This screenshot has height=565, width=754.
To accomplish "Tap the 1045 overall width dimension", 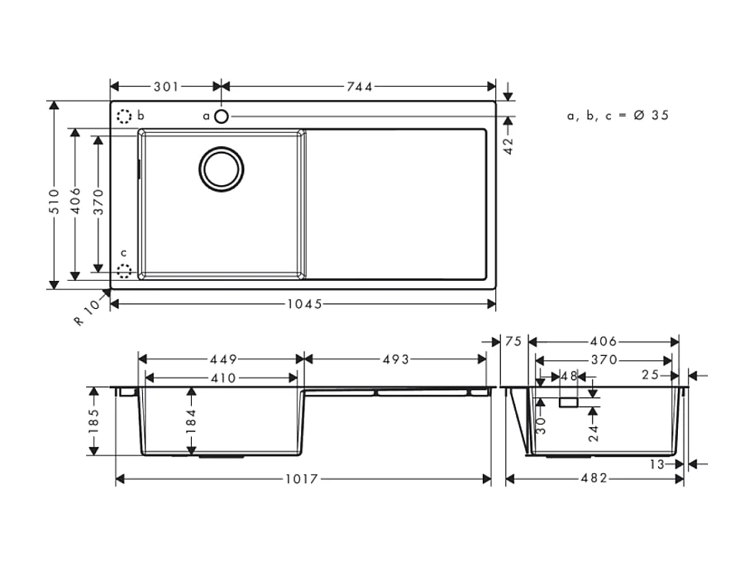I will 303,304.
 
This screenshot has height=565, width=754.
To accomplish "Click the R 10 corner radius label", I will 87,311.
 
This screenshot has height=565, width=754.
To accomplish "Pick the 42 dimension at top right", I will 508,145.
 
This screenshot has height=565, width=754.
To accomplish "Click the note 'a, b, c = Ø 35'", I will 617,116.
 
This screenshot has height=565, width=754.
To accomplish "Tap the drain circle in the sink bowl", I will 221,169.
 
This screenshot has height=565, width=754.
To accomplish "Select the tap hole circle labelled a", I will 221,116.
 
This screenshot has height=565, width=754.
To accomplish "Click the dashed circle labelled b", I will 124,116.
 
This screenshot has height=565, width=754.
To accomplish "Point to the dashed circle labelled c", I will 124,270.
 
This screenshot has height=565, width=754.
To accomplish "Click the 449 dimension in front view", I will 221,359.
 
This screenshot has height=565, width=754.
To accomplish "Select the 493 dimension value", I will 396,359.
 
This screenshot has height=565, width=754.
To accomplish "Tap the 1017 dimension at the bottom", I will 303,479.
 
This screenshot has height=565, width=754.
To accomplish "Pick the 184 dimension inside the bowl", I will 192,421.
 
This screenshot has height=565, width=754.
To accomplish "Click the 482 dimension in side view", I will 594,479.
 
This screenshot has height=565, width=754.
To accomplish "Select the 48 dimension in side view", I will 569,376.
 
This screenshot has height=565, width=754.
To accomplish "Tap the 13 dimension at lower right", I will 656,464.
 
